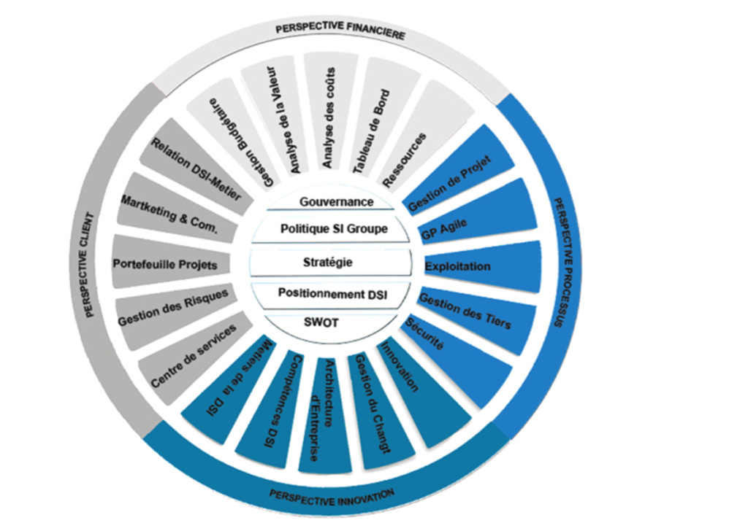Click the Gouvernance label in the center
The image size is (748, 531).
click(337, 201)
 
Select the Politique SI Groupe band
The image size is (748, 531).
click(334, 229)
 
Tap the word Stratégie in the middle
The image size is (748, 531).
click(327, 262)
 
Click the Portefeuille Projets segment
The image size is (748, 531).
click(165, 263)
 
